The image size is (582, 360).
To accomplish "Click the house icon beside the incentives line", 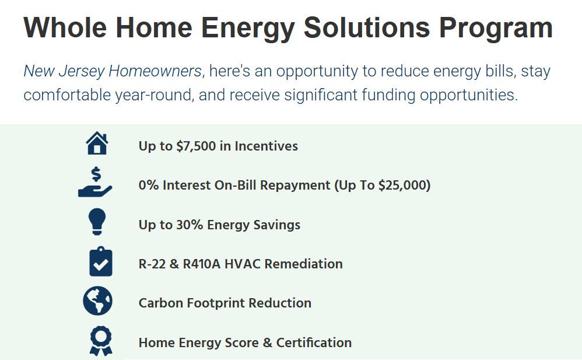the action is click(x=97, y=144).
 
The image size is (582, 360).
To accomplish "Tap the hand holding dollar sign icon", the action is click(x=95, y=182).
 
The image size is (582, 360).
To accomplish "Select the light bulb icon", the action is click(x=97, y=222).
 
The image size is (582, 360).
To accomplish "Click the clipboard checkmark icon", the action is click(x=100, y=261).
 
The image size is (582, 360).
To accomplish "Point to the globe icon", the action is click(x=97, y=301).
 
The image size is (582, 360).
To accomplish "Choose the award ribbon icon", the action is click(x=101, y=341).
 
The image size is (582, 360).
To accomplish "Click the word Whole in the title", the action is click(x=65, y=27).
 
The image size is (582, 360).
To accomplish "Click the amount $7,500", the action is click(x=196, y=146).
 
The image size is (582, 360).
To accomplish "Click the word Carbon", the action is click(x=161, y=303).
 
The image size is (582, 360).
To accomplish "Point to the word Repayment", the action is click(x=295, y=186).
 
